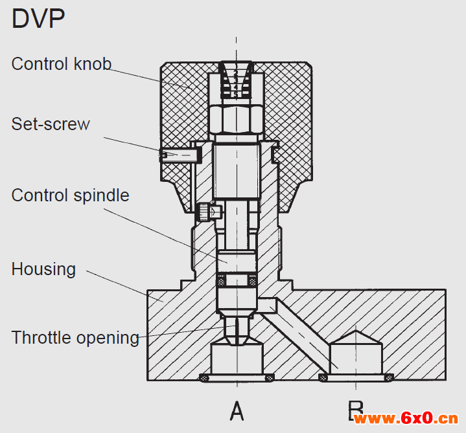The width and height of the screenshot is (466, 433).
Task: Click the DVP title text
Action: pos(38,19)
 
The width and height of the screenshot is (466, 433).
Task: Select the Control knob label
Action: pos(62,63)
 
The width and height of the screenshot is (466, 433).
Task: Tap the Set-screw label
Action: pos(51,124)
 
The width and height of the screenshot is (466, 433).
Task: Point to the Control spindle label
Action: pos(70,195)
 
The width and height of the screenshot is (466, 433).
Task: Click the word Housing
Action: pos(43,269)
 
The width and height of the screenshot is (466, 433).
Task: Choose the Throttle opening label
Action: pos(75,337)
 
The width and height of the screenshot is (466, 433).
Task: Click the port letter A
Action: pos(237,410)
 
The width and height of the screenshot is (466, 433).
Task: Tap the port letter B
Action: pos(355,410)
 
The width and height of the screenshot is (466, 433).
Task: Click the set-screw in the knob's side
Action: pos(179,155)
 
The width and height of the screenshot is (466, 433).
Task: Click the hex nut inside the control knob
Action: pos(237,118)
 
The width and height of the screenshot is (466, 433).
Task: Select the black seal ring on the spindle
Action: pos(237,280)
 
